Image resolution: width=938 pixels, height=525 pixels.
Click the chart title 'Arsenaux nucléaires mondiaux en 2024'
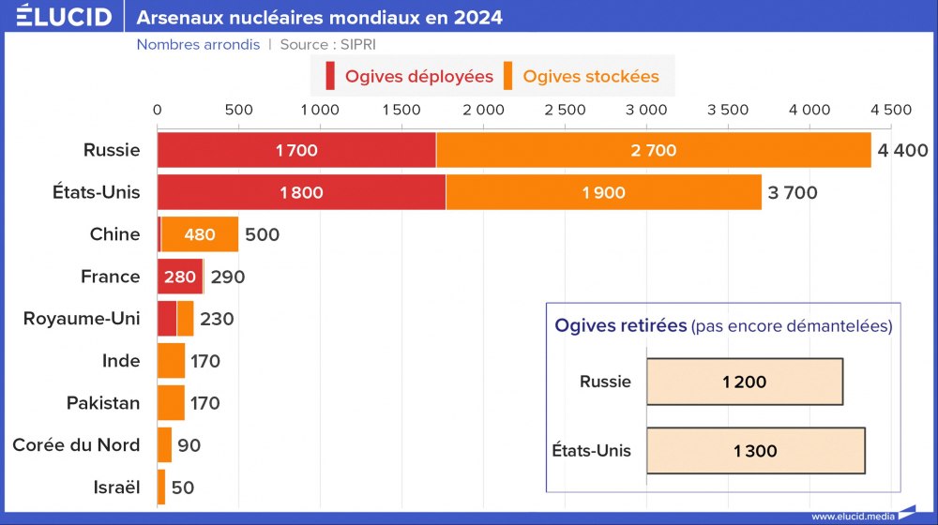[320, 18]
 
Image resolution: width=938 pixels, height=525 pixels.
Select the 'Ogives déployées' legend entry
[408, 76]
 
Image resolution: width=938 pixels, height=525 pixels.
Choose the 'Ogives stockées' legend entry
[582, 76]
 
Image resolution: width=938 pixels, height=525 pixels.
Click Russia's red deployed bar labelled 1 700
[296, 150]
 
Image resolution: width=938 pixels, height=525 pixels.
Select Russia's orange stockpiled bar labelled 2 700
[654, 150]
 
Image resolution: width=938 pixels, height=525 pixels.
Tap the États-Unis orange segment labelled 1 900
[603, 192]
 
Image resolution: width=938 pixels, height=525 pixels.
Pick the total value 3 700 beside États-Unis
[793, 193]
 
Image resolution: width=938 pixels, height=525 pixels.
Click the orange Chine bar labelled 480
[200, 234]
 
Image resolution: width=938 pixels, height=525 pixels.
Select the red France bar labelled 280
[180, 277]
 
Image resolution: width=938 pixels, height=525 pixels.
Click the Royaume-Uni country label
[82, 319]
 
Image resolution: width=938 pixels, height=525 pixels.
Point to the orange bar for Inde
[171, 361]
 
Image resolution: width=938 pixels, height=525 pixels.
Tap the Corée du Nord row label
[76, 445]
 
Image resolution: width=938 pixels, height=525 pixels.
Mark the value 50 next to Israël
[182, 487]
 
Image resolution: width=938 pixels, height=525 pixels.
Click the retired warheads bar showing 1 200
[745, 382]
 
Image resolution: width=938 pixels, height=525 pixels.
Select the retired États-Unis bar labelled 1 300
[755, 451]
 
